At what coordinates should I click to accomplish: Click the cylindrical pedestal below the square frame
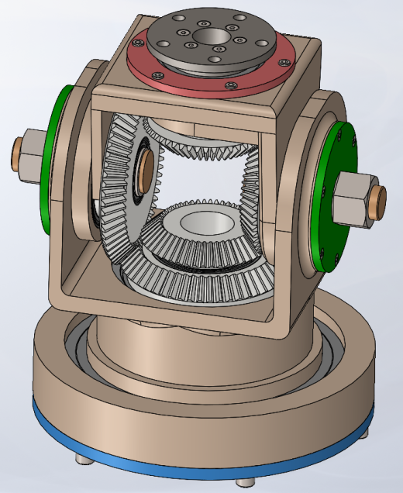(139, 349)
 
